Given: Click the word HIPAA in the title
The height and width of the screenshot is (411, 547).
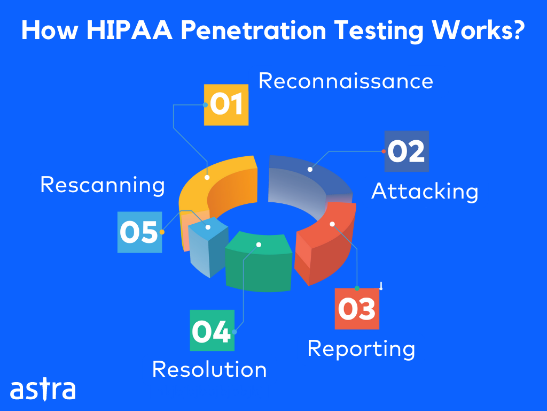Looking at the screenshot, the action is [129, 30].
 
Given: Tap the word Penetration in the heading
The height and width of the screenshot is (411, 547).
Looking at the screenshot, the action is [253, 30].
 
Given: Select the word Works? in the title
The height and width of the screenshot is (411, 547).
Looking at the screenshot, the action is [478, 30].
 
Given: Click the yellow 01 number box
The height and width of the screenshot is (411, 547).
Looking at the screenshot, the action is [226, 105].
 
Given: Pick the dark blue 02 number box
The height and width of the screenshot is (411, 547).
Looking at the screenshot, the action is [407, 151].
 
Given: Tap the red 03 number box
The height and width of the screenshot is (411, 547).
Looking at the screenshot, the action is [357, 309].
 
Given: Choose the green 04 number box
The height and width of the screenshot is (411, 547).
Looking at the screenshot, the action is [212, 330].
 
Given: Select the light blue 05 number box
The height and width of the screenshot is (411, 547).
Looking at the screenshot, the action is [139, 232].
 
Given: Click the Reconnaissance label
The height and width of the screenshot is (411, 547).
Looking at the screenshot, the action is [346, 81].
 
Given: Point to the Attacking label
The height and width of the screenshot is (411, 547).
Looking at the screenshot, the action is [425, 192].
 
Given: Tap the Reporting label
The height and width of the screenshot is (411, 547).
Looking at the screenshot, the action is [361, 349].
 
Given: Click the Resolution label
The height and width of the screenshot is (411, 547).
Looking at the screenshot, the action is [209, 369].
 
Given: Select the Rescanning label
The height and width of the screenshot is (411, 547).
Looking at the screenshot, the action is [102, 185].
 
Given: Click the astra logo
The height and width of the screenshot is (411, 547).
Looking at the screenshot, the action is [43, 389].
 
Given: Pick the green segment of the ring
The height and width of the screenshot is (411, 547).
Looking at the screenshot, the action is [259, 262].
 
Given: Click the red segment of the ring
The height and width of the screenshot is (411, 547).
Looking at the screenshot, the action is [324, 241].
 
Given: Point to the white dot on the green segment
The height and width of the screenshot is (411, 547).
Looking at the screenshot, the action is [259, 245].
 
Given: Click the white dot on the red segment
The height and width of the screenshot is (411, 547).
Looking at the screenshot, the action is [332, 224].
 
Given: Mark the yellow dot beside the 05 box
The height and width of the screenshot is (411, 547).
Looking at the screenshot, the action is [162, 232].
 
